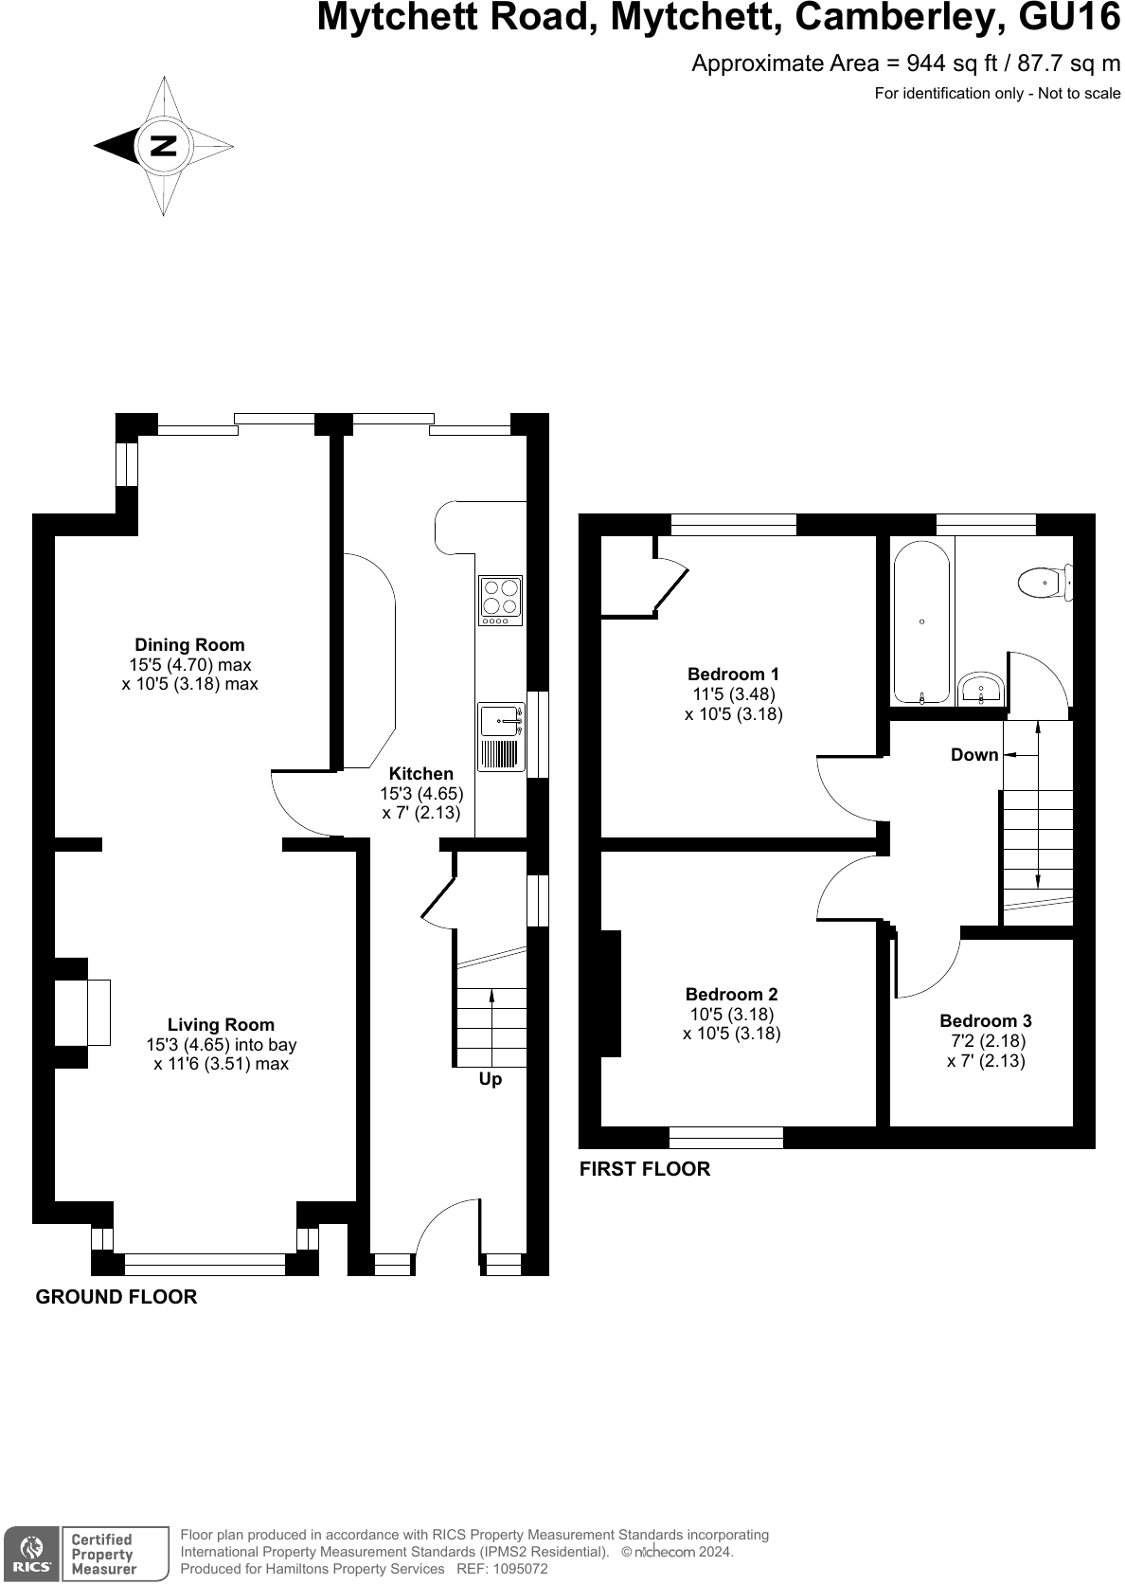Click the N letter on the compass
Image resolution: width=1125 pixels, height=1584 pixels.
coord(164,147)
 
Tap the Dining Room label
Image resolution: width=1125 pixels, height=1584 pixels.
coord(189,645)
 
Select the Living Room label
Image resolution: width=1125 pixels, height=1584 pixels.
coord(221,1025)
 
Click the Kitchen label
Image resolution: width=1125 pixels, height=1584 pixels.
coord(421,774)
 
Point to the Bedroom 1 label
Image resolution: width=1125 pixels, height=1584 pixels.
coord(733,674)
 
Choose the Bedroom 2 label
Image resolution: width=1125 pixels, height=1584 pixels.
coord(731,994)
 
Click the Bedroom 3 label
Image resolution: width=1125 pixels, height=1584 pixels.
coord(986,1021)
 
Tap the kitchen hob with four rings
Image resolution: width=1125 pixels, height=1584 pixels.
coord(500,601)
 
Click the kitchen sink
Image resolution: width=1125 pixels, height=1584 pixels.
coord(501,736)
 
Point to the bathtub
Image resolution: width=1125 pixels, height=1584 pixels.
coord(921,623)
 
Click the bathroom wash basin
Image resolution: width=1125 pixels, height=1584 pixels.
coord(982,689)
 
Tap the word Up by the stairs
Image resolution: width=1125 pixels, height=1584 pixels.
coord(491,1079)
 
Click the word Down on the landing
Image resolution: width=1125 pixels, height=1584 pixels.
coord(974,754)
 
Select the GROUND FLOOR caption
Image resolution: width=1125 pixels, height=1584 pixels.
coord(116,1297)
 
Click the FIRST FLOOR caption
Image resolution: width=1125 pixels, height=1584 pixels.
coord(645,1169)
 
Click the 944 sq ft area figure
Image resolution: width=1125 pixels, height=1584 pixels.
coord(952,63)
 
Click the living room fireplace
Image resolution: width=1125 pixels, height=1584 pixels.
coord(82,1013)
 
